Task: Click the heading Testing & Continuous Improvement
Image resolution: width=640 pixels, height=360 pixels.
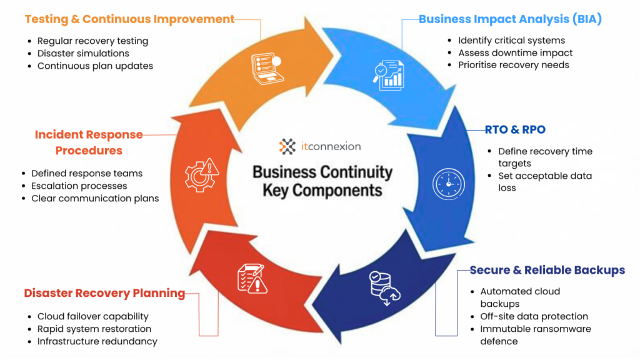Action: [x=129, y=19]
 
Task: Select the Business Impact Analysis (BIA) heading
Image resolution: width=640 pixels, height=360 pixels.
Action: [x=510, y=19]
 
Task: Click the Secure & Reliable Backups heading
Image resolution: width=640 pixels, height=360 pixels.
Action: [x=547, y=270]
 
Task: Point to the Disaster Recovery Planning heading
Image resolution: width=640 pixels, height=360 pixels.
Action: [x=104, y=293]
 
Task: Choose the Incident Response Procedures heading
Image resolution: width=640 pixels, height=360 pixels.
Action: [x=89, y=142]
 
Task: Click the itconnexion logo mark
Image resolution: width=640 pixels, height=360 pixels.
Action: [x=287, y=147]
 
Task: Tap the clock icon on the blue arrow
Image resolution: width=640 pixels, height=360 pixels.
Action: [x=449, y=184]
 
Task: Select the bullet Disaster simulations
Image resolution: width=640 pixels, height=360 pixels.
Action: [x=83, y=53]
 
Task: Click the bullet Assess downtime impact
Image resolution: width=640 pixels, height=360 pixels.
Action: [x=515, y=52]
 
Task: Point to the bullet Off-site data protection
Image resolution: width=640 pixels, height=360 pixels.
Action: [x=534, y=316]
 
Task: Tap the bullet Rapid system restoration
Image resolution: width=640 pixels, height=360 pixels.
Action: [x=94, y=329]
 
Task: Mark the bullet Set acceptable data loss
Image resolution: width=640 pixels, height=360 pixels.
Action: [x=544, y=181]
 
